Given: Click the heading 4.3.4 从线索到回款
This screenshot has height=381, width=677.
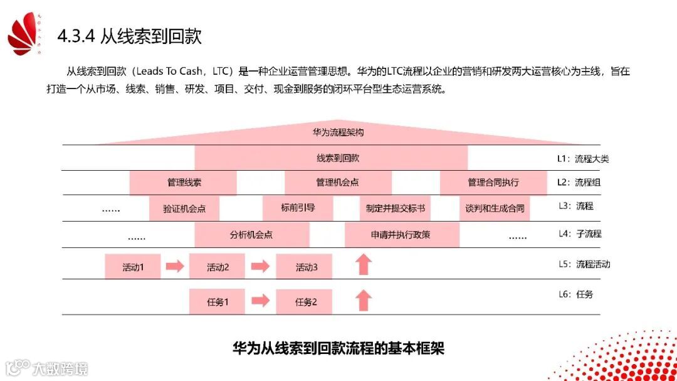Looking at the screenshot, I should [130, 36].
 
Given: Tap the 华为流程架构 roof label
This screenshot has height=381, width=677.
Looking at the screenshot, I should [338, 133].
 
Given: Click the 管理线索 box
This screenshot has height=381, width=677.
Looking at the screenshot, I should [184, 183].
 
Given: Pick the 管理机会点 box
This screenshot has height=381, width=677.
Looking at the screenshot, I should [337, 183].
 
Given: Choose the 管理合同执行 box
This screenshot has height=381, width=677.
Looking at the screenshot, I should [493, 183].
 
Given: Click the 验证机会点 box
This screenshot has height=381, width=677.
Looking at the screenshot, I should [184, 208].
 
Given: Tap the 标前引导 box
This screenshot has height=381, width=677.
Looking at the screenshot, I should [298, 208].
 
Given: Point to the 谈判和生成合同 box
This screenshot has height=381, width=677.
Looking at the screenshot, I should [494, 208].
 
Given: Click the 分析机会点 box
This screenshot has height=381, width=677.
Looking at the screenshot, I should [251, 235].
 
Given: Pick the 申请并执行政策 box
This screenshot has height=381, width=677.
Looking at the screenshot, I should [401, 235].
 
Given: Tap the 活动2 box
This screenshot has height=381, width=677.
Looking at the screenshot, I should [218, 267].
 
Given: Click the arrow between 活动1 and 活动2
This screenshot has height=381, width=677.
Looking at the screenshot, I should [175, 266].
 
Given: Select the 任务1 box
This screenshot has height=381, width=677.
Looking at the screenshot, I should [218, 301].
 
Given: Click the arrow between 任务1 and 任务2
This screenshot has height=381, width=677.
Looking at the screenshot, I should [260, 301].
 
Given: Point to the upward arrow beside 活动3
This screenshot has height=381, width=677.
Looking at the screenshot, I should [363, 265].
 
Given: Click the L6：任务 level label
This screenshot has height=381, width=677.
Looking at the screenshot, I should [575, 294].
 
